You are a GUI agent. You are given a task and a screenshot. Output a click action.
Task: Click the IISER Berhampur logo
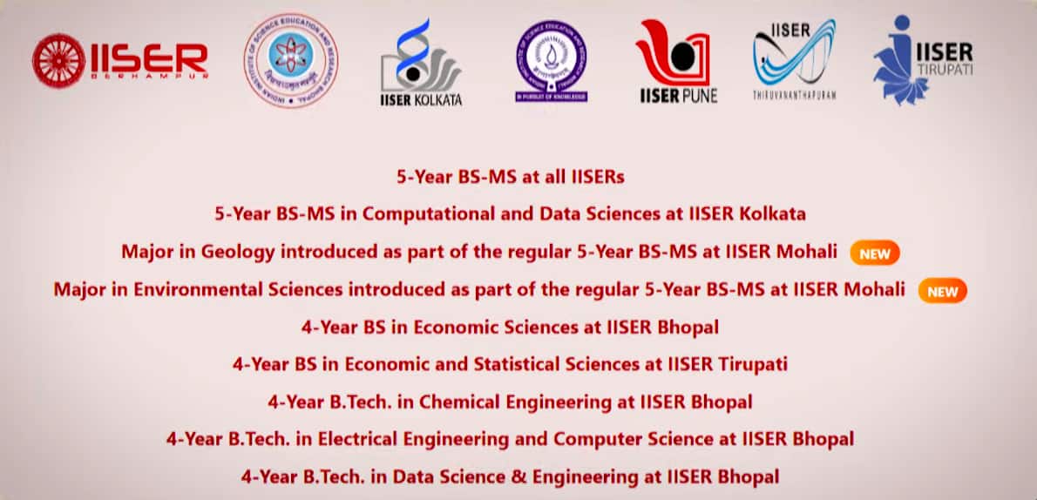click(x=120, y=59)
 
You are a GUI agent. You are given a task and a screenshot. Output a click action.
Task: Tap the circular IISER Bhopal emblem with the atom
click(x=291, y=59)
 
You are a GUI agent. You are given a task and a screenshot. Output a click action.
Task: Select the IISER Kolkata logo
click(x=421, y=63)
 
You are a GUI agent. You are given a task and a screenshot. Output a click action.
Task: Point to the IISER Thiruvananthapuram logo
click(x=794, y=58)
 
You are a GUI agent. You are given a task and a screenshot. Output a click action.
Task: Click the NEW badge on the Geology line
click(x=874, y=253)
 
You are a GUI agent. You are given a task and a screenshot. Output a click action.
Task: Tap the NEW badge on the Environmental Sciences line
click(x=942, y=291)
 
